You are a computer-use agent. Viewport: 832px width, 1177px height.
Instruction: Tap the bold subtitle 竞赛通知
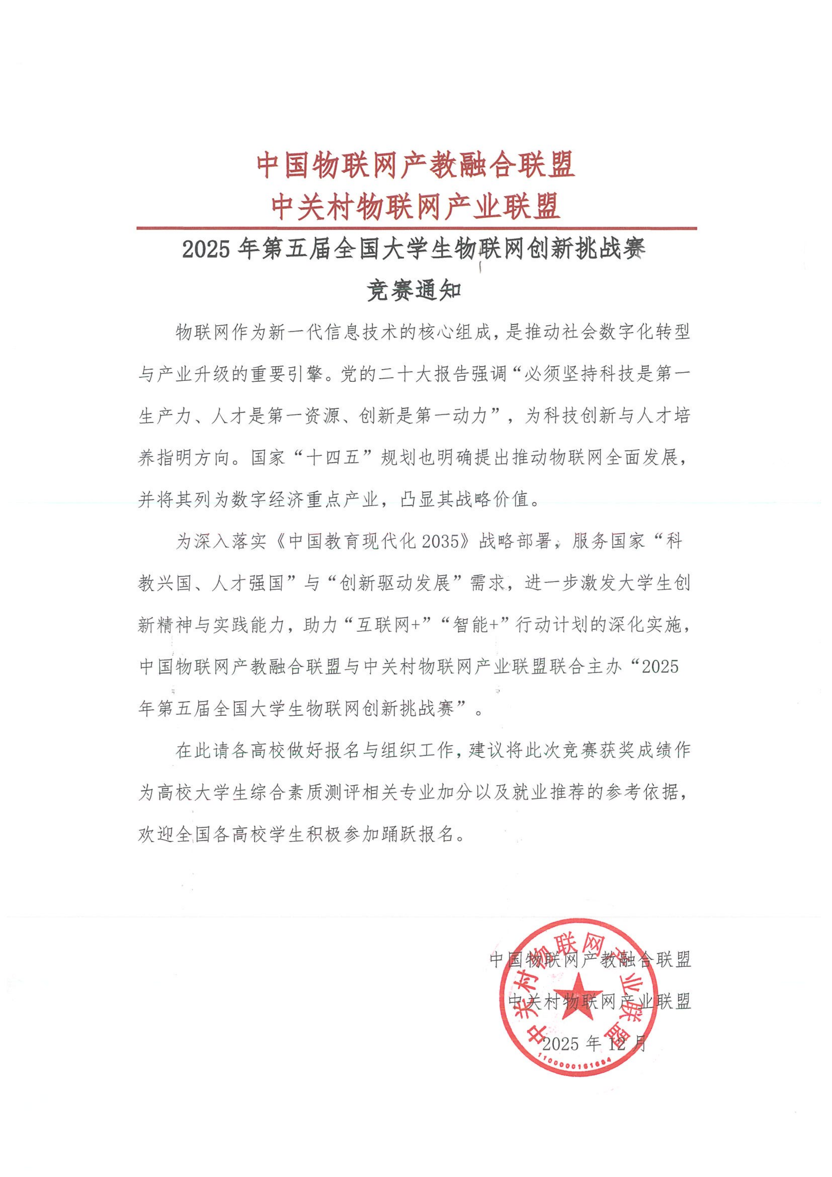click(x=414, y=291)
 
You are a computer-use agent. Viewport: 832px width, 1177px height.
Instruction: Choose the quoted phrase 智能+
click(x=477, y=625)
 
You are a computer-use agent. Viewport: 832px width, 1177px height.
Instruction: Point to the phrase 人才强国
click(x=248, y=583)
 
